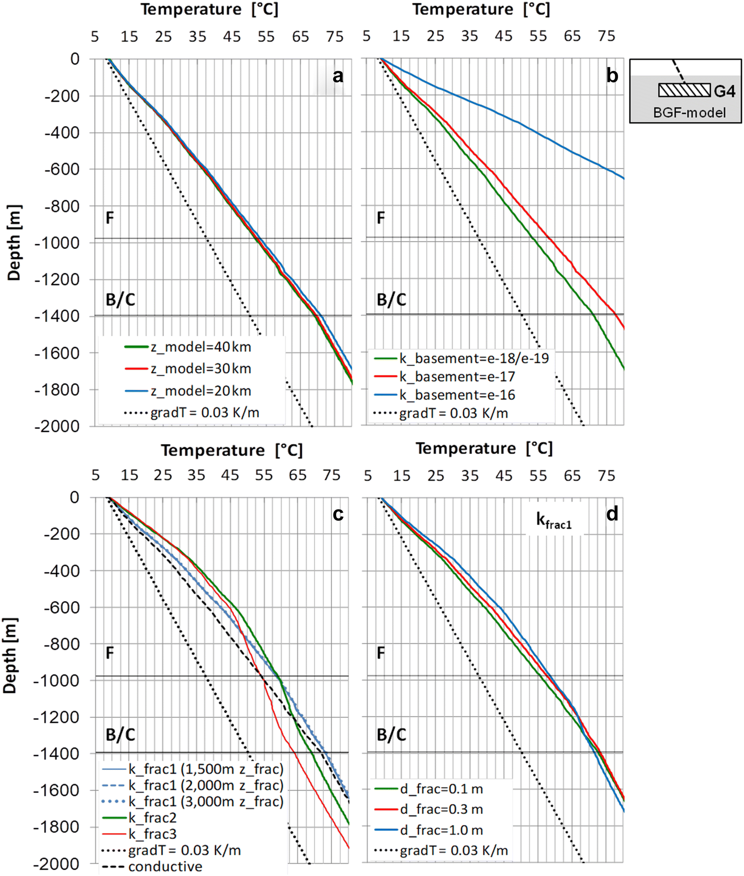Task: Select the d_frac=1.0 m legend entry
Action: click(x=441, y=830)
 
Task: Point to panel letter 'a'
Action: click(x=338, y=76)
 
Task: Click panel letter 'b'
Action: click(x=612, y=76)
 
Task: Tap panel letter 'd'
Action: click(x=612, y=514)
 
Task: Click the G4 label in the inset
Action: click(x=725, y=91)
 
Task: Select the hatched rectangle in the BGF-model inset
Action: click(x=685, y=90)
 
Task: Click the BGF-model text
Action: click(x=689, y=113)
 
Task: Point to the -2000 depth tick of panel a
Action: click(x=57, y=426)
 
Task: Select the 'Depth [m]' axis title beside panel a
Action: click(x=14, y=243)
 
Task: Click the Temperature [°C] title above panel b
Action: click(x=481, y=9)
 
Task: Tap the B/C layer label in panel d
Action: click(x=391, y=735)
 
